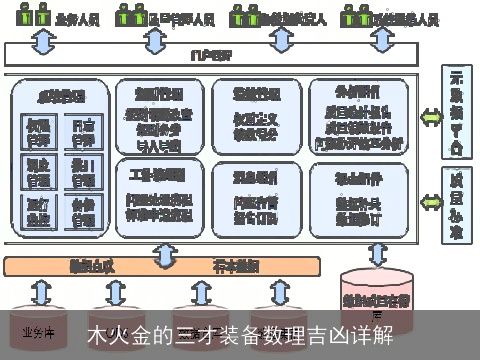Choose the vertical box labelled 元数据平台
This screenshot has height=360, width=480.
coord(457,114)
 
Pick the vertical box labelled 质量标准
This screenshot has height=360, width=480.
coord(457,205)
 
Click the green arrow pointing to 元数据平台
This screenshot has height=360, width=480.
coord(430,116)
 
